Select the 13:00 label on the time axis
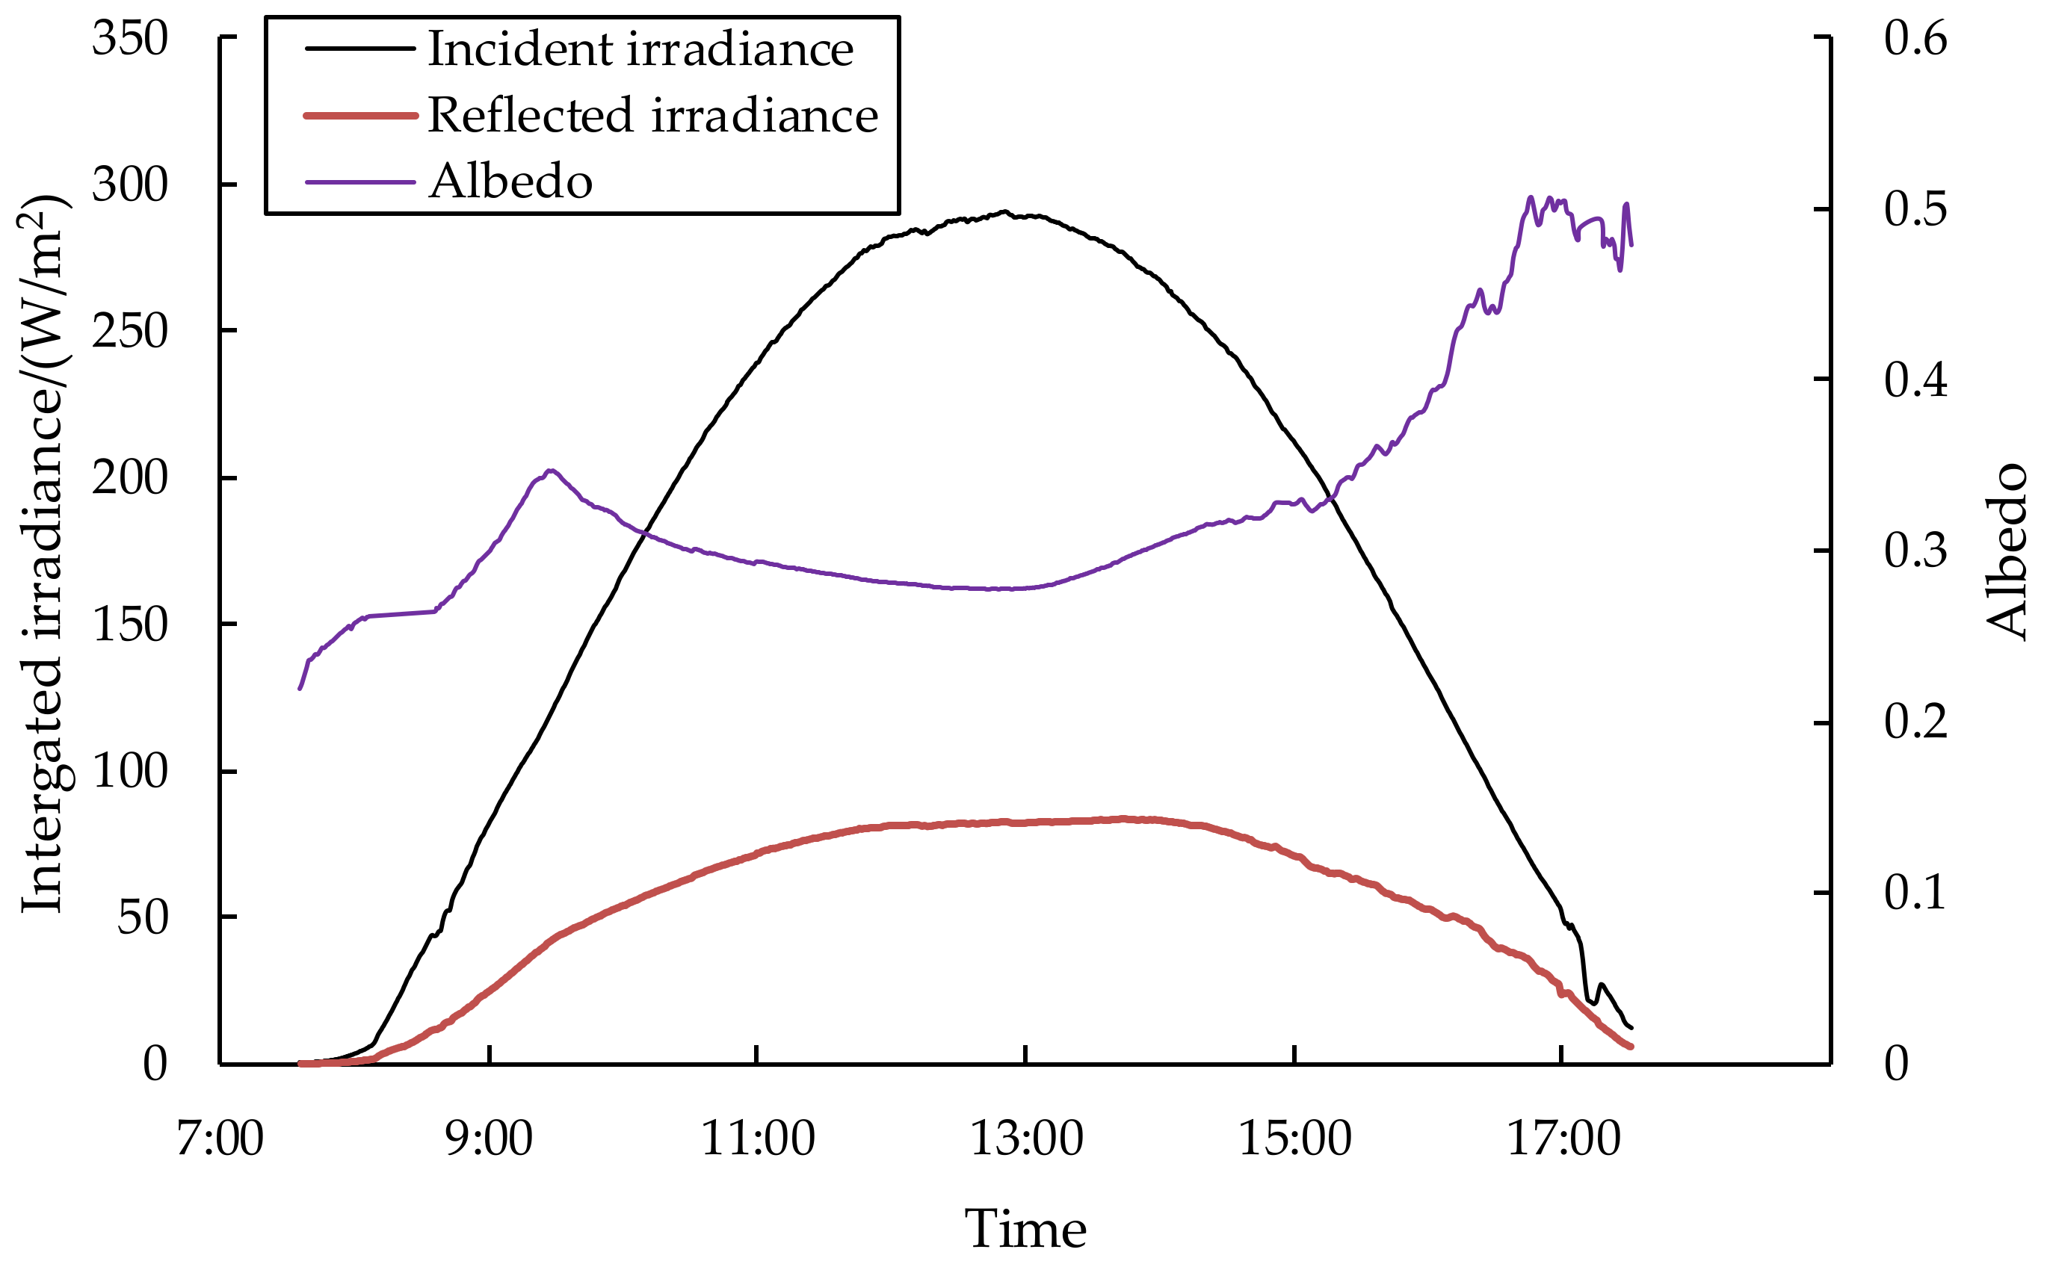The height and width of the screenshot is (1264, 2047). click(x=1026, y=1138)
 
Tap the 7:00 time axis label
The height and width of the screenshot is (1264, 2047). click(x=220, y=1138)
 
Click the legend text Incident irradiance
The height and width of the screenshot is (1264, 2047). click(x=640, y=49)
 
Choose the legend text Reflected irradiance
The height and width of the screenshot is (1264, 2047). click(x=653, y=114)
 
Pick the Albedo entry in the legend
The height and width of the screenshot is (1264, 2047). click(x=510, y=182)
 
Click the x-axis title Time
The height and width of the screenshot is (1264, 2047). click(x=1025, y=1228)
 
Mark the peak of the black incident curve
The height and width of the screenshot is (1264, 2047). click(x=1004, y=211)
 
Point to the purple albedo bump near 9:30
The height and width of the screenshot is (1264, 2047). click(x=550, y=471)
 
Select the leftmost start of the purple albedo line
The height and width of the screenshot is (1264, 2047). click(x=300, y=689)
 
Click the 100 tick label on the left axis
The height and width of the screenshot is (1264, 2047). click(x=129, y=771)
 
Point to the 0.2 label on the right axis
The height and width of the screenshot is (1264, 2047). click(x=1915, y=722)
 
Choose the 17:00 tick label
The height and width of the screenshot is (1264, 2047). click(x=1563, y=1138)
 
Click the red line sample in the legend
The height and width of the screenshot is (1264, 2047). click(x=360, y=115)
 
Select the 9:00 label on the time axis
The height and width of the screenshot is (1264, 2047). click(x=490, y=1138)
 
